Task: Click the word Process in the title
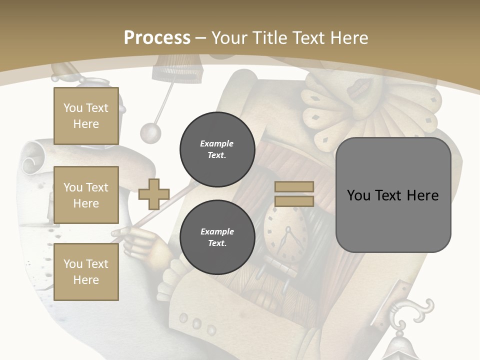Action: coord(157,38)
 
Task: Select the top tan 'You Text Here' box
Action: coord(86,116)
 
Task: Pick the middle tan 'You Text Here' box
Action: coord(86,195)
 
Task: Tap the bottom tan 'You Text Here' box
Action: coord(86,271)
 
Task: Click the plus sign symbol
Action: coord(153,194)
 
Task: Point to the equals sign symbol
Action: coord(294,194)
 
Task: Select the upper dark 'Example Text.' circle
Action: coord(217,149)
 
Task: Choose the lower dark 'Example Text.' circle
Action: coord(217,237)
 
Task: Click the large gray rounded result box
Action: coord(393,195)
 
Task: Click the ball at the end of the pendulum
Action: coord(150,132)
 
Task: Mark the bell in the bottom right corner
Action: coord(405,347)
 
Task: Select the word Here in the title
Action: coord(348,38)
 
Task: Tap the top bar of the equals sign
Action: coord(294,187)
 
